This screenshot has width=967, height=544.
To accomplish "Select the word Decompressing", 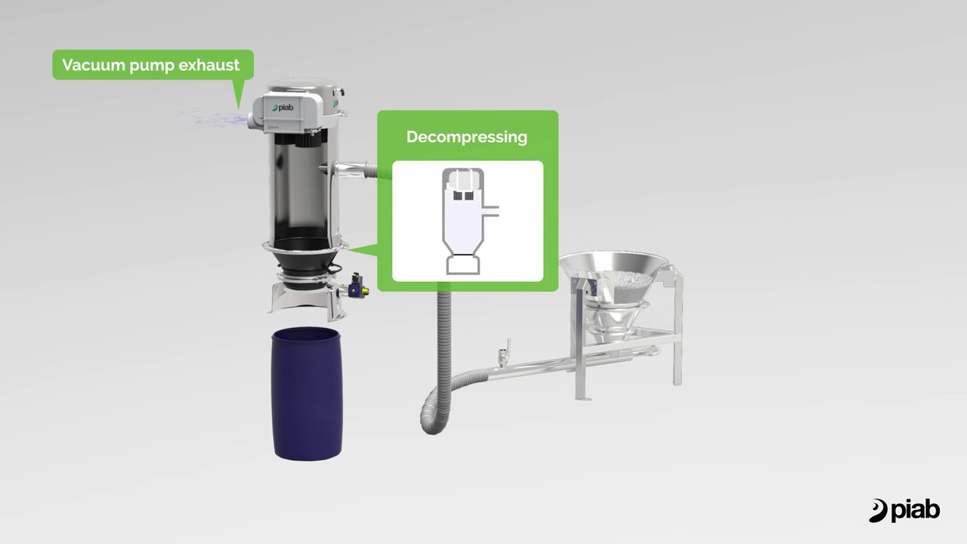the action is (467, 137).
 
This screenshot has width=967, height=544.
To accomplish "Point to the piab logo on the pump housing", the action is (283, 107).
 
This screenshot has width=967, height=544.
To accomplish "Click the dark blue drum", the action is (307, 394).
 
